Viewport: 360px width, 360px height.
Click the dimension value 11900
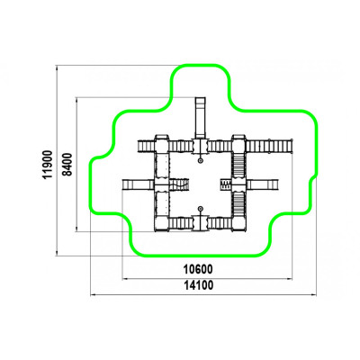pos(48,165)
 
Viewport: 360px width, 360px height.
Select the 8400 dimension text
pos(67,164)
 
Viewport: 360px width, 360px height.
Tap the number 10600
pos(198,269)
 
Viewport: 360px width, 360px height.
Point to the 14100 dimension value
pos(198,285)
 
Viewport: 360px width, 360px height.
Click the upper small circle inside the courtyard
pos(200,161)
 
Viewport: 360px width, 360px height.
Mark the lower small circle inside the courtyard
pos(200,209)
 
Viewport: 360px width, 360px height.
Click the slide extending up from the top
pos(201,118)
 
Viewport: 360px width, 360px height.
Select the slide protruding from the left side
pos(139,184)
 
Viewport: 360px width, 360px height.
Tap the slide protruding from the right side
pos(263,184)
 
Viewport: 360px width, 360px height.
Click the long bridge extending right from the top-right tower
pos(269,146)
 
